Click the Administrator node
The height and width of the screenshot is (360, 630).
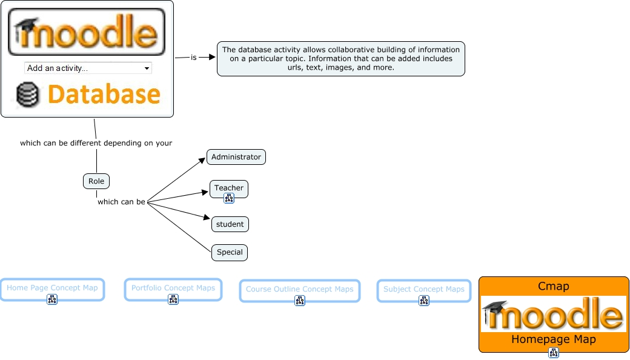click(x=236, y=157)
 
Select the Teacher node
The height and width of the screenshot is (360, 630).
click(x=229, y=188)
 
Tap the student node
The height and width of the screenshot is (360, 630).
click(x=230, y=224)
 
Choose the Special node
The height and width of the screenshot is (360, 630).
click(x=230, y=252)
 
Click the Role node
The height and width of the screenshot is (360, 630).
click(x=96, y=181)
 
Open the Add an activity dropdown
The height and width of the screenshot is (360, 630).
click(x=88, y=68)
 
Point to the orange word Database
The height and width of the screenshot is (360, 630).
click(x=104, y=95)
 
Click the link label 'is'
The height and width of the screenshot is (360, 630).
click(x=194, y=58)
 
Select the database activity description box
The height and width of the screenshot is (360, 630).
click(x=340, y=59)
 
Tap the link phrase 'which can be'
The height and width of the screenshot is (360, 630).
click(x=121, y=202)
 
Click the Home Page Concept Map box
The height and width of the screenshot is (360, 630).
click(x=52, y=288)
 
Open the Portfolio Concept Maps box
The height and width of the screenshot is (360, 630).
click(x=173, y=288)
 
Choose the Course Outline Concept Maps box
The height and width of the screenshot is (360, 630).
click(x=299, y=289)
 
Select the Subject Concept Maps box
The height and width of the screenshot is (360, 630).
click(x=424, y=289)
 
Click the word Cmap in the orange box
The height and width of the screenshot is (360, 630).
click(x=554, y=286)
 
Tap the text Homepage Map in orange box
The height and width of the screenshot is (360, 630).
click(x=554, y=339)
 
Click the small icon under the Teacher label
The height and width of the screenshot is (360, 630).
click(x=229, y=198)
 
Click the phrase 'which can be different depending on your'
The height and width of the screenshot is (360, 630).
click(x=96, y=144)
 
